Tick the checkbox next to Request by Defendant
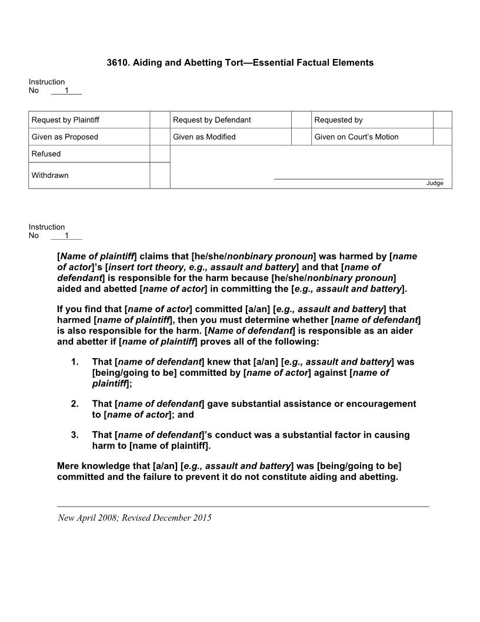pos(301,120)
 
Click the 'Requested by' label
pos(338,120)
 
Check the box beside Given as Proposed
pos(159,137)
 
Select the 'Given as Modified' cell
pos(204,137)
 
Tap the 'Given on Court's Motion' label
pos(356,137)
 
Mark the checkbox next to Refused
pos(159,154)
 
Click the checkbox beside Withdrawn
pos(159,176)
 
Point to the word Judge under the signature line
pos(435,183)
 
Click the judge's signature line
pos(358,178)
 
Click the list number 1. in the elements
pos(75,362)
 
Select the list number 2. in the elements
pos(75,404)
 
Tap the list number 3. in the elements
pos(75,435)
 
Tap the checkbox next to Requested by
pos(442,120)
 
